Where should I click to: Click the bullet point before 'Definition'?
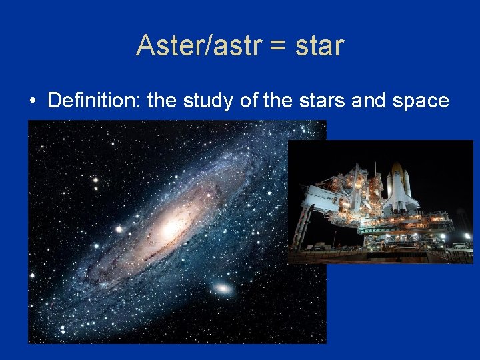(32, 101)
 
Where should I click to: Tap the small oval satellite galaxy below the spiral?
(222, 289)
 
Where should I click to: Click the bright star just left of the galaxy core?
(119, 229)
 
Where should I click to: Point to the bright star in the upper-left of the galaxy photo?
(95, 179)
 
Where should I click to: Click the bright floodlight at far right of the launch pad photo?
(467, 236)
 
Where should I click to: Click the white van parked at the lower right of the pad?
(459, 247)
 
